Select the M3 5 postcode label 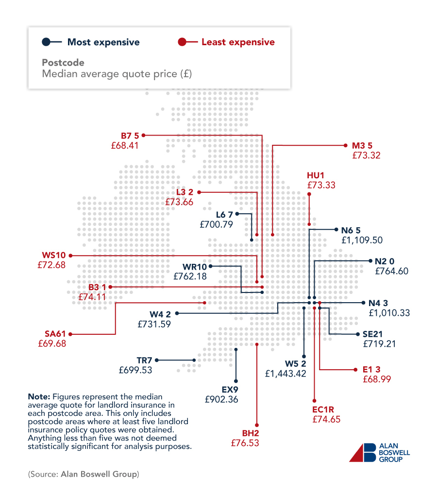[362, 145]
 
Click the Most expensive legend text [103, 42]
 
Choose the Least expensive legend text [238, 42]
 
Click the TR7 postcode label [144, 360]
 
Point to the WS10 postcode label [52, 255]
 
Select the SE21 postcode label [373, 334]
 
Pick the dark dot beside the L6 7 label [237, 214]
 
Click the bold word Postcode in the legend [63, 63]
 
